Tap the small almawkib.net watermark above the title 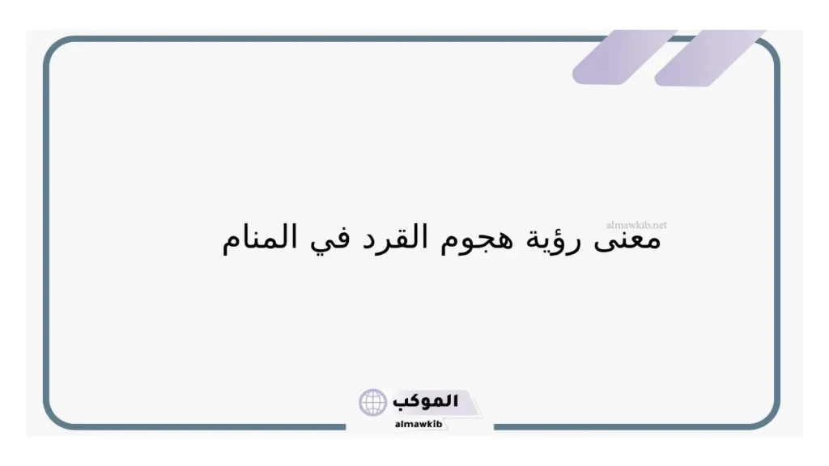[636, 225]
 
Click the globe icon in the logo [373, 402]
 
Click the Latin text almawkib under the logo [418, 423]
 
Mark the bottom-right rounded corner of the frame [768, 416]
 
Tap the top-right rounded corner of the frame [769, 50]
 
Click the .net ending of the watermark [658, 225]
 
